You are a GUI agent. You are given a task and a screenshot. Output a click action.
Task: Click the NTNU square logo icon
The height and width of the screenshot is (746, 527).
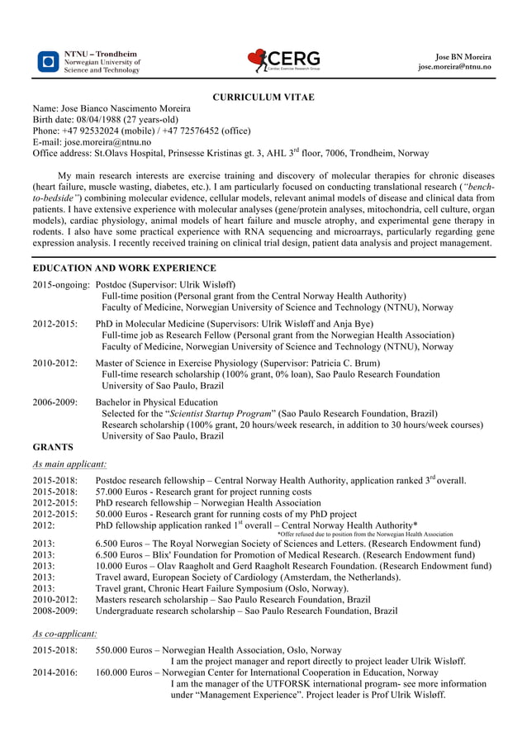pos(49,62)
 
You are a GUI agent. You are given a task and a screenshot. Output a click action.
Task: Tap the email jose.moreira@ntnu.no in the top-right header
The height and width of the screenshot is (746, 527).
pos(454,66)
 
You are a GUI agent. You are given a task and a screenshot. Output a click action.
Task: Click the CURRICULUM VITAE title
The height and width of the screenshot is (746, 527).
pos(263,97)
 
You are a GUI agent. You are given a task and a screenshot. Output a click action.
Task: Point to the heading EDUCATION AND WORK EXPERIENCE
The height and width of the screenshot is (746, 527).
pos(124,268)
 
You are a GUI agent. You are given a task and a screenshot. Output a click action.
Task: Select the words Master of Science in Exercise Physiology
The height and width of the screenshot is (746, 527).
pos(177,363)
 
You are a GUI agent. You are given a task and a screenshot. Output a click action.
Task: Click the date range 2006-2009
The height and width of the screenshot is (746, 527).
pos(55,402)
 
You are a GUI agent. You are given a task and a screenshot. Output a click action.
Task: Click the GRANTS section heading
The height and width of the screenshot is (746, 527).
pos(53,447)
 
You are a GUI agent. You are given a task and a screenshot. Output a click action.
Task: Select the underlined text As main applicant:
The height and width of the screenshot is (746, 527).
pos(69,464)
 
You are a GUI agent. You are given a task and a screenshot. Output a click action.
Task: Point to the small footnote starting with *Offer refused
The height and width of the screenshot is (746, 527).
pos(364,535)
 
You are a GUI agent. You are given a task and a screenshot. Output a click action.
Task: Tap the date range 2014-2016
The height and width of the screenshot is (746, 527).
pos(55,672)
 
